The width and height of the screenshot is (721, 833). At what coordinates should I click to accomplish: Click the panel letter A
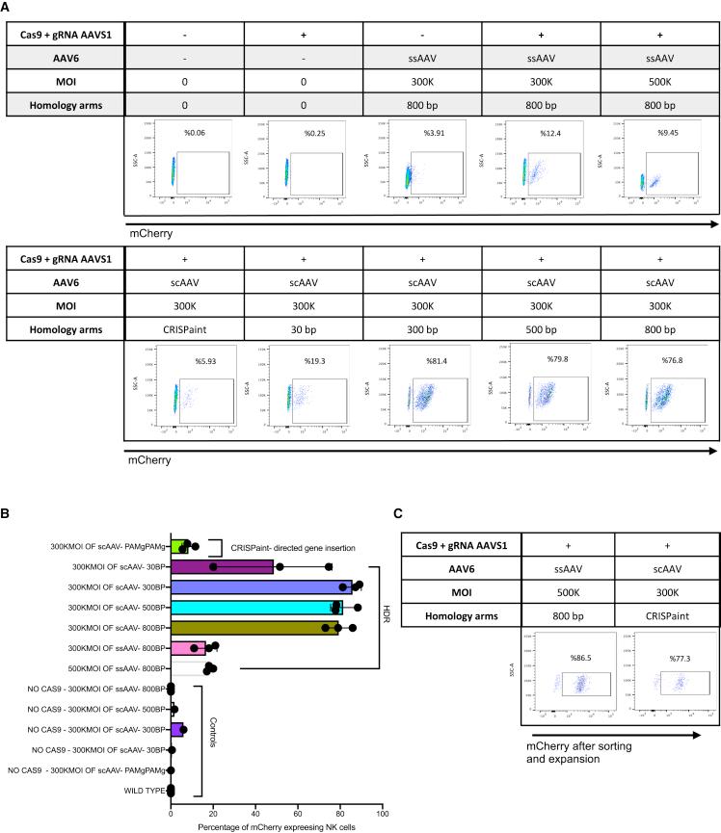point(8,8)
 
